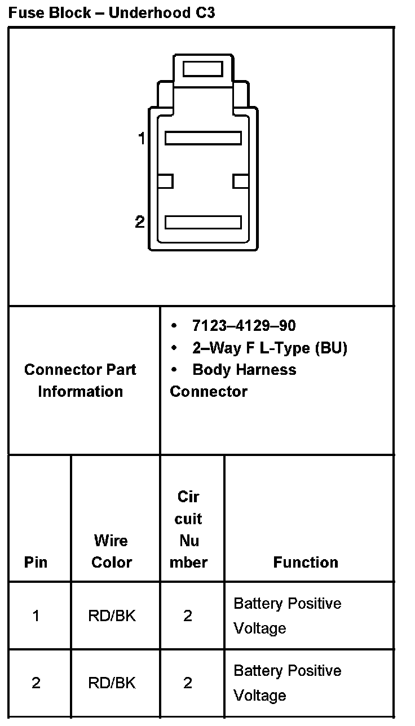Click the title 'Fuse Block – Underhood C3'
(112, 13)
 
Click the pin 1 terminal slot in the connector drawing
(203, 138)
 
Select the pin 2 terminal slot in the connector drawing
(203, 222)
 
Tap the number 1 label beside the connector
(142, 138)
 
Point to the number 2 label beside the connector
(140, 222)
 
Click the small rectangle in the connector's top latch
(203, 69)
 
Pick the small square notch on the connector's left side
(165, 181)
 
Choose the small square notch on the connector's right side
(241, 181)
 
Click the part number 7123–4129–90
(244, 326)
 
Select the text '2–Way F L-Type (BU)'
(270, 348)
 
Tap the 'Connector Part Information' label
(80, 380)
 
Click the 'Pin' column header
(36, 562)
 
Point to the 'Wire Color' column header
(111, 551)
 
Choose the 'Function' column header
(306, 562)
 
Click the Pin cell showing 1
(36, 616)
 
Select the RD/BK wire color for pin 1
(112, 616)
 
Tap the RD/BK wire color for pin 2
(112, 683)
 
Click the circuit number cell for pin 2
(188, 683)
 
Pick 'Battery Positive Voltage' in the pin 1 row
(287, 616)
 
